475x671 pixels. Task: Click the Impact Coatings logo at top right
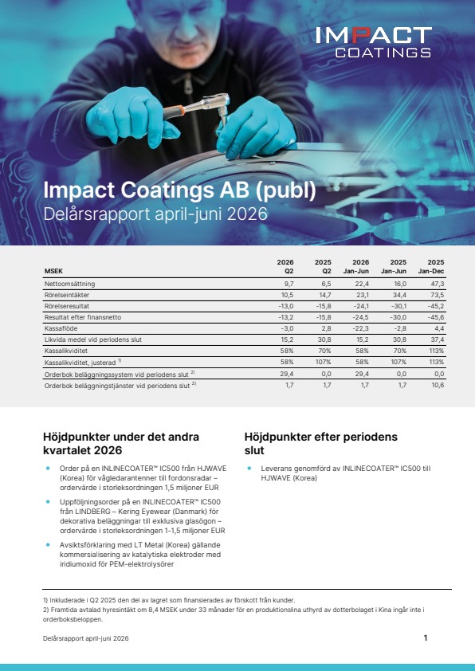[x=374, y=42]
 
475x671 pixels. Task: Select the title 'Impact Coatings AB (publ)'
[x=180, y=190]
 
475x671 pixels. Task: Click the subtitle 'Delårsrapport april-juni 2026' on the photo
[x=155, y=214]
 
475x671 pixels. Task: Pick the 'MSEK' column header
[x=53, y=271]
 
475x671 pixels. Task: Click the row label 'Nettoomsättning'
[x=70, y=284]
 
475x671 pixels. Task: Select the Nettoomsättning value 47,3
[x=438, y=284]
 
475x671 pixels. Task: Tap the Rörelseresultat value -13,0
[x=285, y=306]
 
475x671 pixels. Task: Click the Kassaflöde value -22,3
[x=361, y=328]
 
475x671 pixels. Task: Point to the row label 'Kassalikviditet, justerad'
[x=80, y=363]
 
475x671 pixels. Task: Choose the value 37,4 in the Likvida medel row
[x=438, y=339]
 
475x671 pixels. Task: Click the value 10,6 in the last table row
[x=438, y=385]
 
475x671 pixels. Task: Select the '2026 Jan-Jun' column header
[x=356, y=267]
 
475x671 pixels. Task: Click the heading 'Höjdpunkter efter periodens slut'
[x=321, y=443]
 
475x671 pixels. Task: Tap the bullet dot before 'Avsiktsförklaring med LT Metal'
[x=49, y=545]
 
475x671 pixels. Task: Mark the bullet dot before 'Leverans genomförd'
[x=249, y=469]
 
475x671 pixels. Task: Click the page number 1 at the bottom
[x=426, y=638]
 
